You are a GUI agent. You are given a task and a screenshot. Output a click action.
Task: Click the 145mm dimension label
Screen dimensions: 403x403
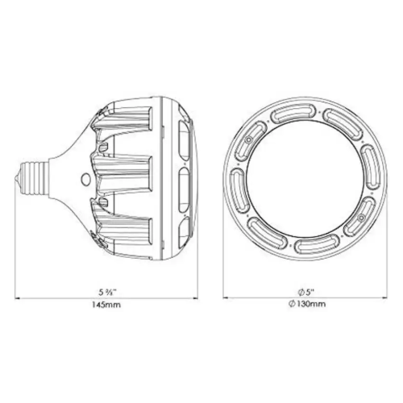pos(106,305)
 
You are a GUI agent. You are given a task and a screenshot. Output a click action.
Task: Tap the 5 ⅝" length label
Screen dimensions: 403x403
pos(107,292)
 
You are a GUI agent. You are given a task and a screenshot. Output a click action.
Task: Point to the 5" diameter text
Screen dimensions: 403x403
pos(306,292)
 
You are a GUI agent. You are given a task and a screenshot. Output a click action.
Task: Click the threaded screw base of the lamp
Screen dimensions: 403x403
pos(34,177)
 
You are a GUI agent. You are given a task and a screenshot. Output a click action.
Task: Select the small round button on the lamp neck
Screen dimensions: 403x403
pos(87,179)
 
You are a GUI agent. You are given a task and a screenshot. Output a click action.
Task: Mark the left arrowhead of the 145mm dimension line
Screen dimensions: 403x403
pos(18,298)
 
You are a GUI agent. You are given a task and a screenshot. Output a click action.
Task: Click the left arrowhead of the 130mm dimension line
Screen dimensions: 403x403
pos(226,297)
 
